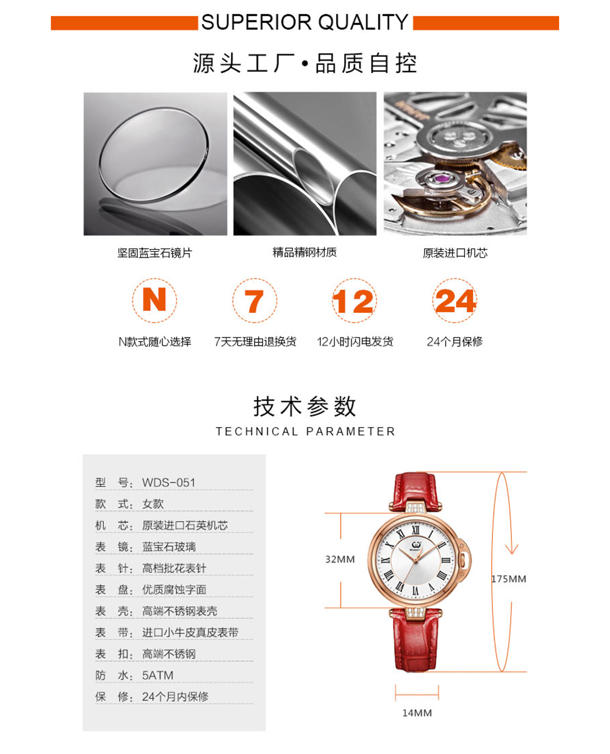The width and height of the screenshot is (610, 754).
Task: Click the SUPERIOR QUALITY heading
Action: [304, 22]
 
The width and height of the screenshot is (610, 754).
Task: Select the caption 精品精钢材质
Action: [304, 253]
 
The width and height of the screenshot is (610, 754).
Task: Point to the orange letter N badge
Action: [155, 300]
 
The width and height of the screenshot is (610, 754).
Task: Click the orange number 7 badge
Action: [255, 301]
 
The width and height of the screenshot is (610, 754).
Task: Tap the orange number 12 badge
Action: [354, 301]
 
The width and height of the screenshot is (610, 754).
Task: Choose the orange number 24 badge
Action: [455, 301]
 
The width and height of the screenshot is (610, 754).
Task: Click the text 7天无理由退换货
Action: [255, 341]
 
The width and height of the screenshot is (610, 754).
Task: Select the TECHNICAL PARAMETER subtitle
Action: [305, 431]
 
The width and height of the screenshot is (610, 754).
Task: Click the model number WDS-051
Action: [169, 483]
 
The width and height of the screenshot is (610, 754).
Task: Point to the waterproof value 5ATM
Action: [158, 675]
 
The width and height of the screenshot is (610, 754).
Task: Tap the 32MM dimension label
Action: [340, 559]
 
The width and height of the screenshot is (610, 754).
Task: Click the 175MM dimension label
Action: [509, 579]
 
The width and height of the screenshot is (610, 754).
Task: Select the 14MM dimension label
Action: [417, 713]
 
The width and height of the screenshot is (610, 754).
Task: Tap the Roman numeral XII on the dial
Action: [416, 530]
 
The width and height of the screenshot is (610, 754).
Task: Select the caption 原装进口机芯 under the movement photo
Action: [455, 253]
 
